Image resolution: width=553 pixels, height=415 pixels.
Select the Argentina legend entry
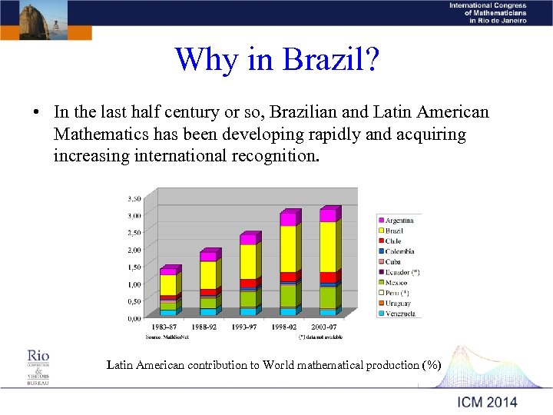tap(399, 221)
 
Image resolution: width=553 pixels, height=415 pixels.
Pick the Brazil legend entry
tap(394, 231)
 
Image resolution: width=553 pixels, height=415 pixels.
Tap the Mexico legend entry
tap(396, 283)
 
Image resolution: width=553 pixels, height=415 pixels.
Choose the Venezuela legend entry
tap(399, 314)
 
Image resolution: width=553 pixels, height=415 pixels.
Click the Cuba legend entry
tap(392, 262)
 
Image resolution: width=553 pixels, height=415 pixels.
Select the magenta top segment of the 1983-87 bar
tap(167, 271)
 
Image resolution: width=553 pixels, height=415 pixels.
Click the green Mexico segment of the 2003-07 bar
tap(327, 297)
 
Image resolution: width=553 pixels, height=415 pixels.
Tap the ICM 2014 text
tap(487, 402)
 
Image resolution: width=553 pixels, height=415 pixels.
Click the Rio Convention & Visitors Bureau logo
tap(38, 366)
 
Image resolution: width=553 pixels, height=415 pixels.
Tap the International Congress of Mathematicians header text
tap(488, 13)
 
